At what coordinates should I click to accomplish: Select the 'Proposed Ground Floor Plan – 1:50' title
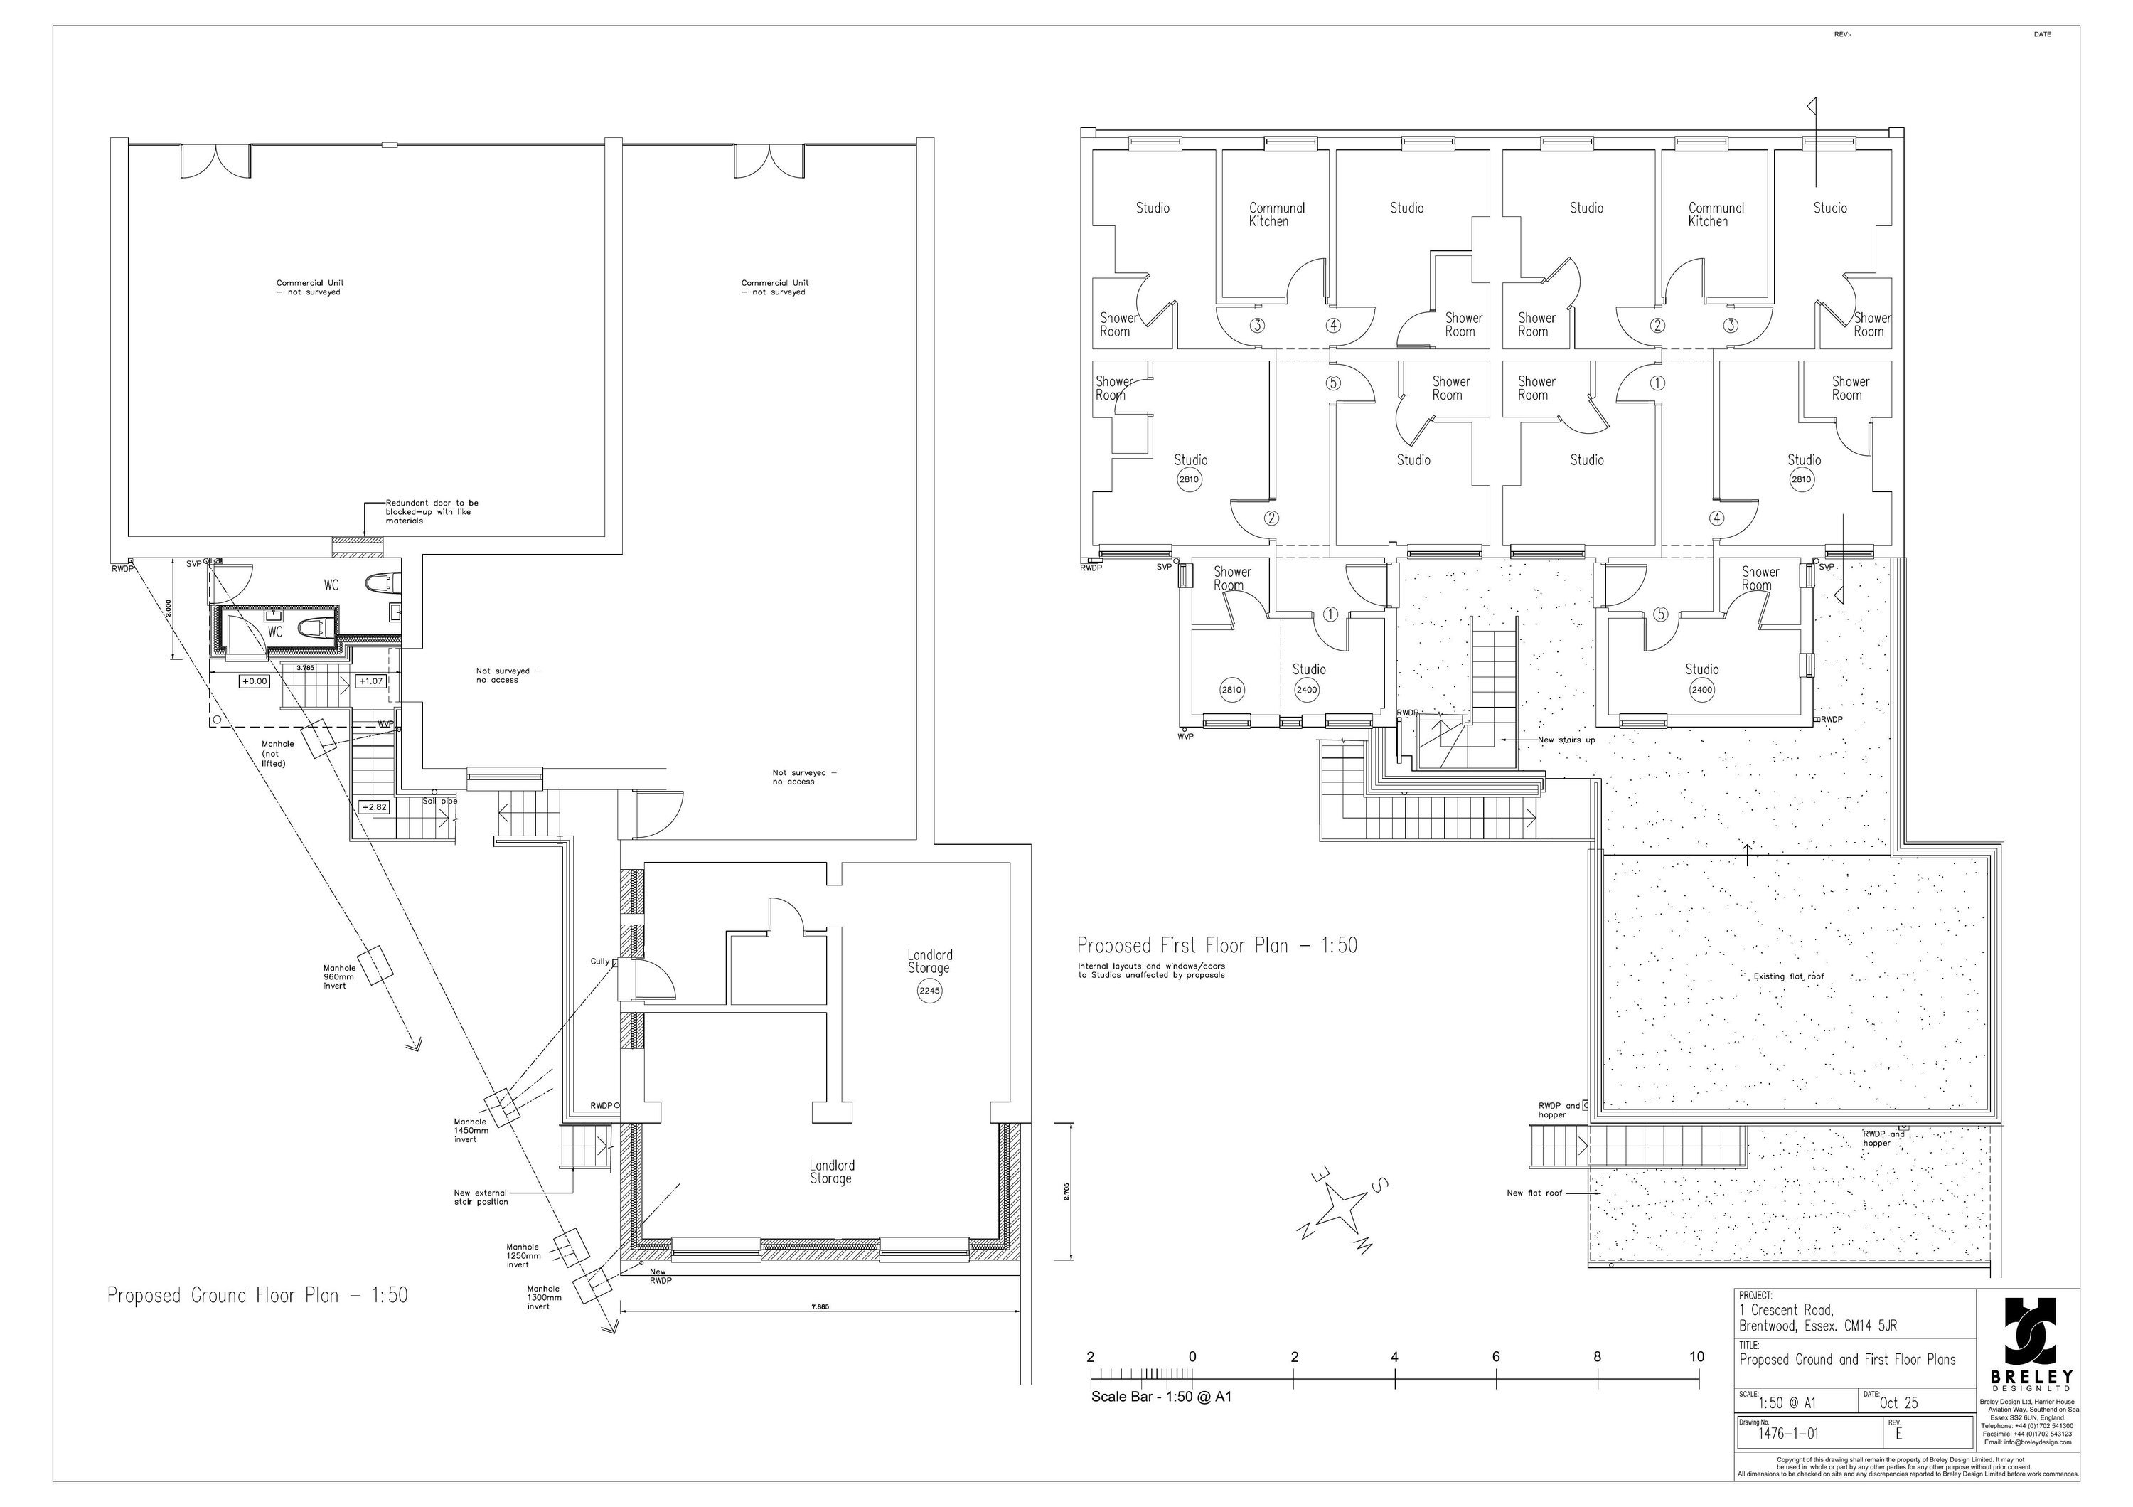point(257,1295)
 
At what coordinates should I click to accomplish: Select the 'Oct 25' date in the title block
point(1899,1403)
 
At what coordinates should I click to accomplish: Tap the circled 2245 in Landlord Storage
point(929,991)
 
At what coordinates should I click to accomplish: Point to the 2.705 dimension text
point(1066,1192)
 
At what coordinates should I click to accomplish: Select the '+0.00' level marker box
point(255,681)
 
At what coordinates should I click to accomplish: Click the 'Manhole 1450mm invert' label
point(470,1130)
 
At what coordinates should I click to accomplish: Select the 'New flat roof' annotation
point(1534,1192)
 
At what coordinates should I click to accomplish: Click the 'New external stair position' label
point(481,1197)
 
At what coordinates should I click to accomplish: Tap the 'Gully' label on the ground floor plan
point(599,962)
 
